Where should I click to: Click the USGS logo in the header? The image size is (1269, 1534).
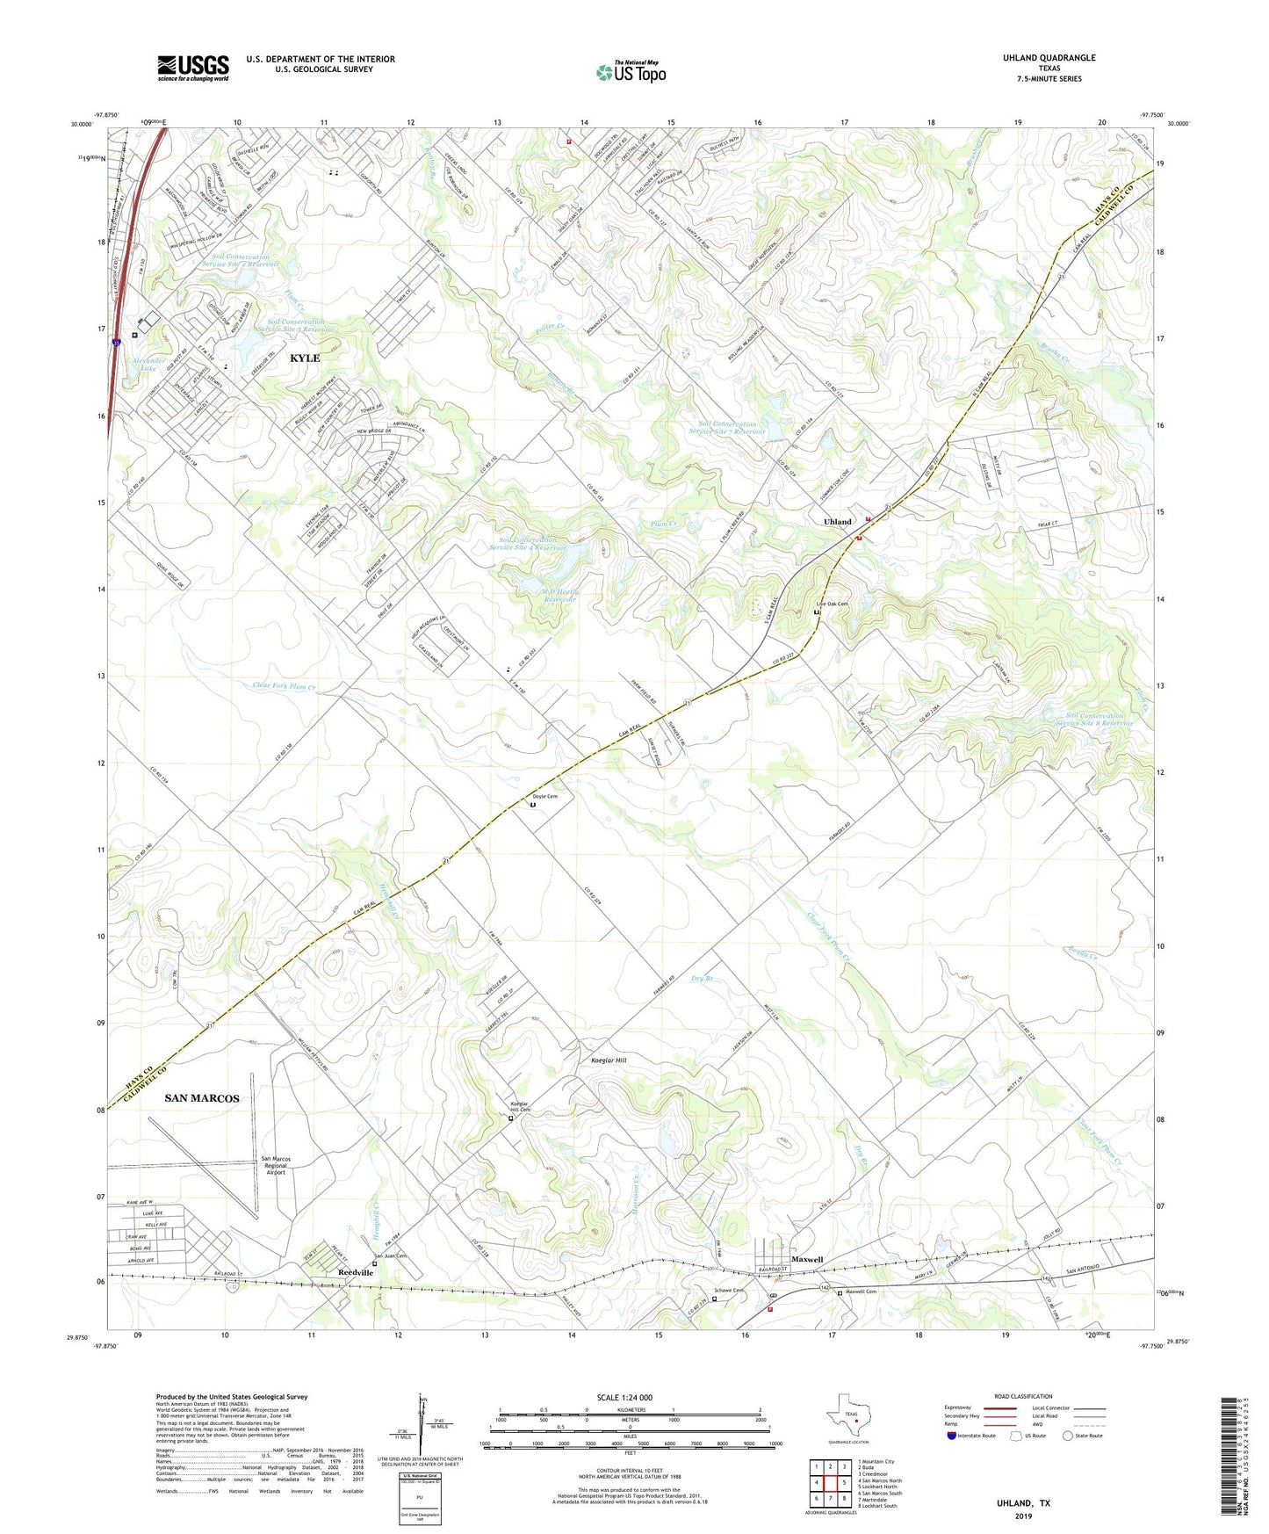(193, 67)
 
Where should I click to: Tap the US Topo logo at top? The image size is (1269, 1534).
(631, 72)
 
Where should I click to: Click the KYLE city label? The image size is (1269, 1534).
(305, 358)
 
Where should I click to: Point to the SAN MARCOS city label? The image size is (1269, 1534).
(202, 1098)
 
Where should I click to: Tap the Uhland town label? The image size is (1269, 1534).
(837, 522)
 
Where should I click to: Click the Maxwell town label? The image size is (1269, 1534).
(807, 1260)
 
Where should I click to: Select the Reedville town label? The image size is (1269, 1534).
(357, 1273)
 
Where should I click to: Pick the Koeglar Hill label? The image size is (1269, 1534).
(609, 1060)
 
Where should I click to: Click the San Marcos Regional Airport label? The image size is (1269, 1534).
(276, 1165)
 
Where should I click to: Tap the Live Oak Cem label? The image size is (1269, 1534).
(833, 604)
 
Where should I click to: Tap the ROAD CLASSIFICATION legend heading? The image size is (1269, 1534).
(1023, 1396)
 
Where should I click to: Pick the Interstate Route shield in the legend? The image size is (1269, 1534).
(953, 1436)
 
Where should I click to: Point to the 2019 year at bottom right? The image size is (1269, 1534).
(1023, 1516)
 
